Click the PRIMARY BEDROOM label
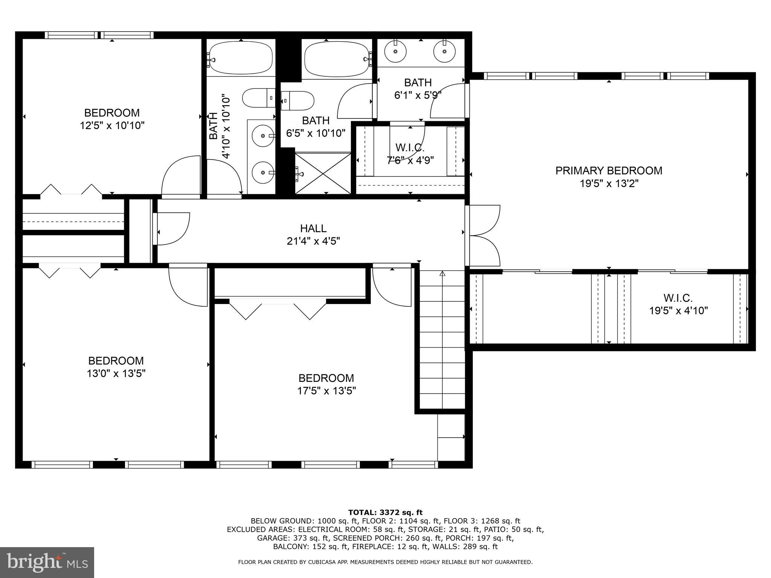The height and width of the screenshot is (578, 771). click(609, 170)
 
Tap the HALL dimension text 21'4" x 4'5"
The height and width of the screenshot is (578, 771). click(313, 241)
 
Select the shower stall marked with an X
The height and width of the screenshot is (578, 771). click(323, 173)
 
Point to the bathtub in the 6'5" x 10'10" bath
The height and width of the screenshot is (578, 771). click(336, 59)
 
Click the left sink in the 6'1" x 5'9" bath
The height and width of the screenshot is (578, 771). click(396, 51)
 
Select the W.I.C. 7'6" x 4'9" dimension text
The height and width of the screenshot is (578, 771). click(410, 160)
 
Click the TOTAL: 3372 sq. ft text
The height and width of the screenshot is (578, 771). click(385, 512)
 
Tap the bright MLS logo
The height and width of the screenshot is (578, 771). click(47, 562)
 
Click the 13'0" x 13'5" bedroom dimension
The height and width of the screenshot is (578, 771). click(116, 374)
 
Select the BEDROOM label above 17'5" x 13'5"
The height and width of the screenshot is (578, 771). click(326, 378)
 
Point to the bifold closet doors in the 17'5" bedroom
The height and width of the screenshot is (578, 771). click(278, 309)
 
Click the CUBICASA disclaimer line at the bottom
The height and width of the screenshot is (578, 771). click(385, 562)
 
